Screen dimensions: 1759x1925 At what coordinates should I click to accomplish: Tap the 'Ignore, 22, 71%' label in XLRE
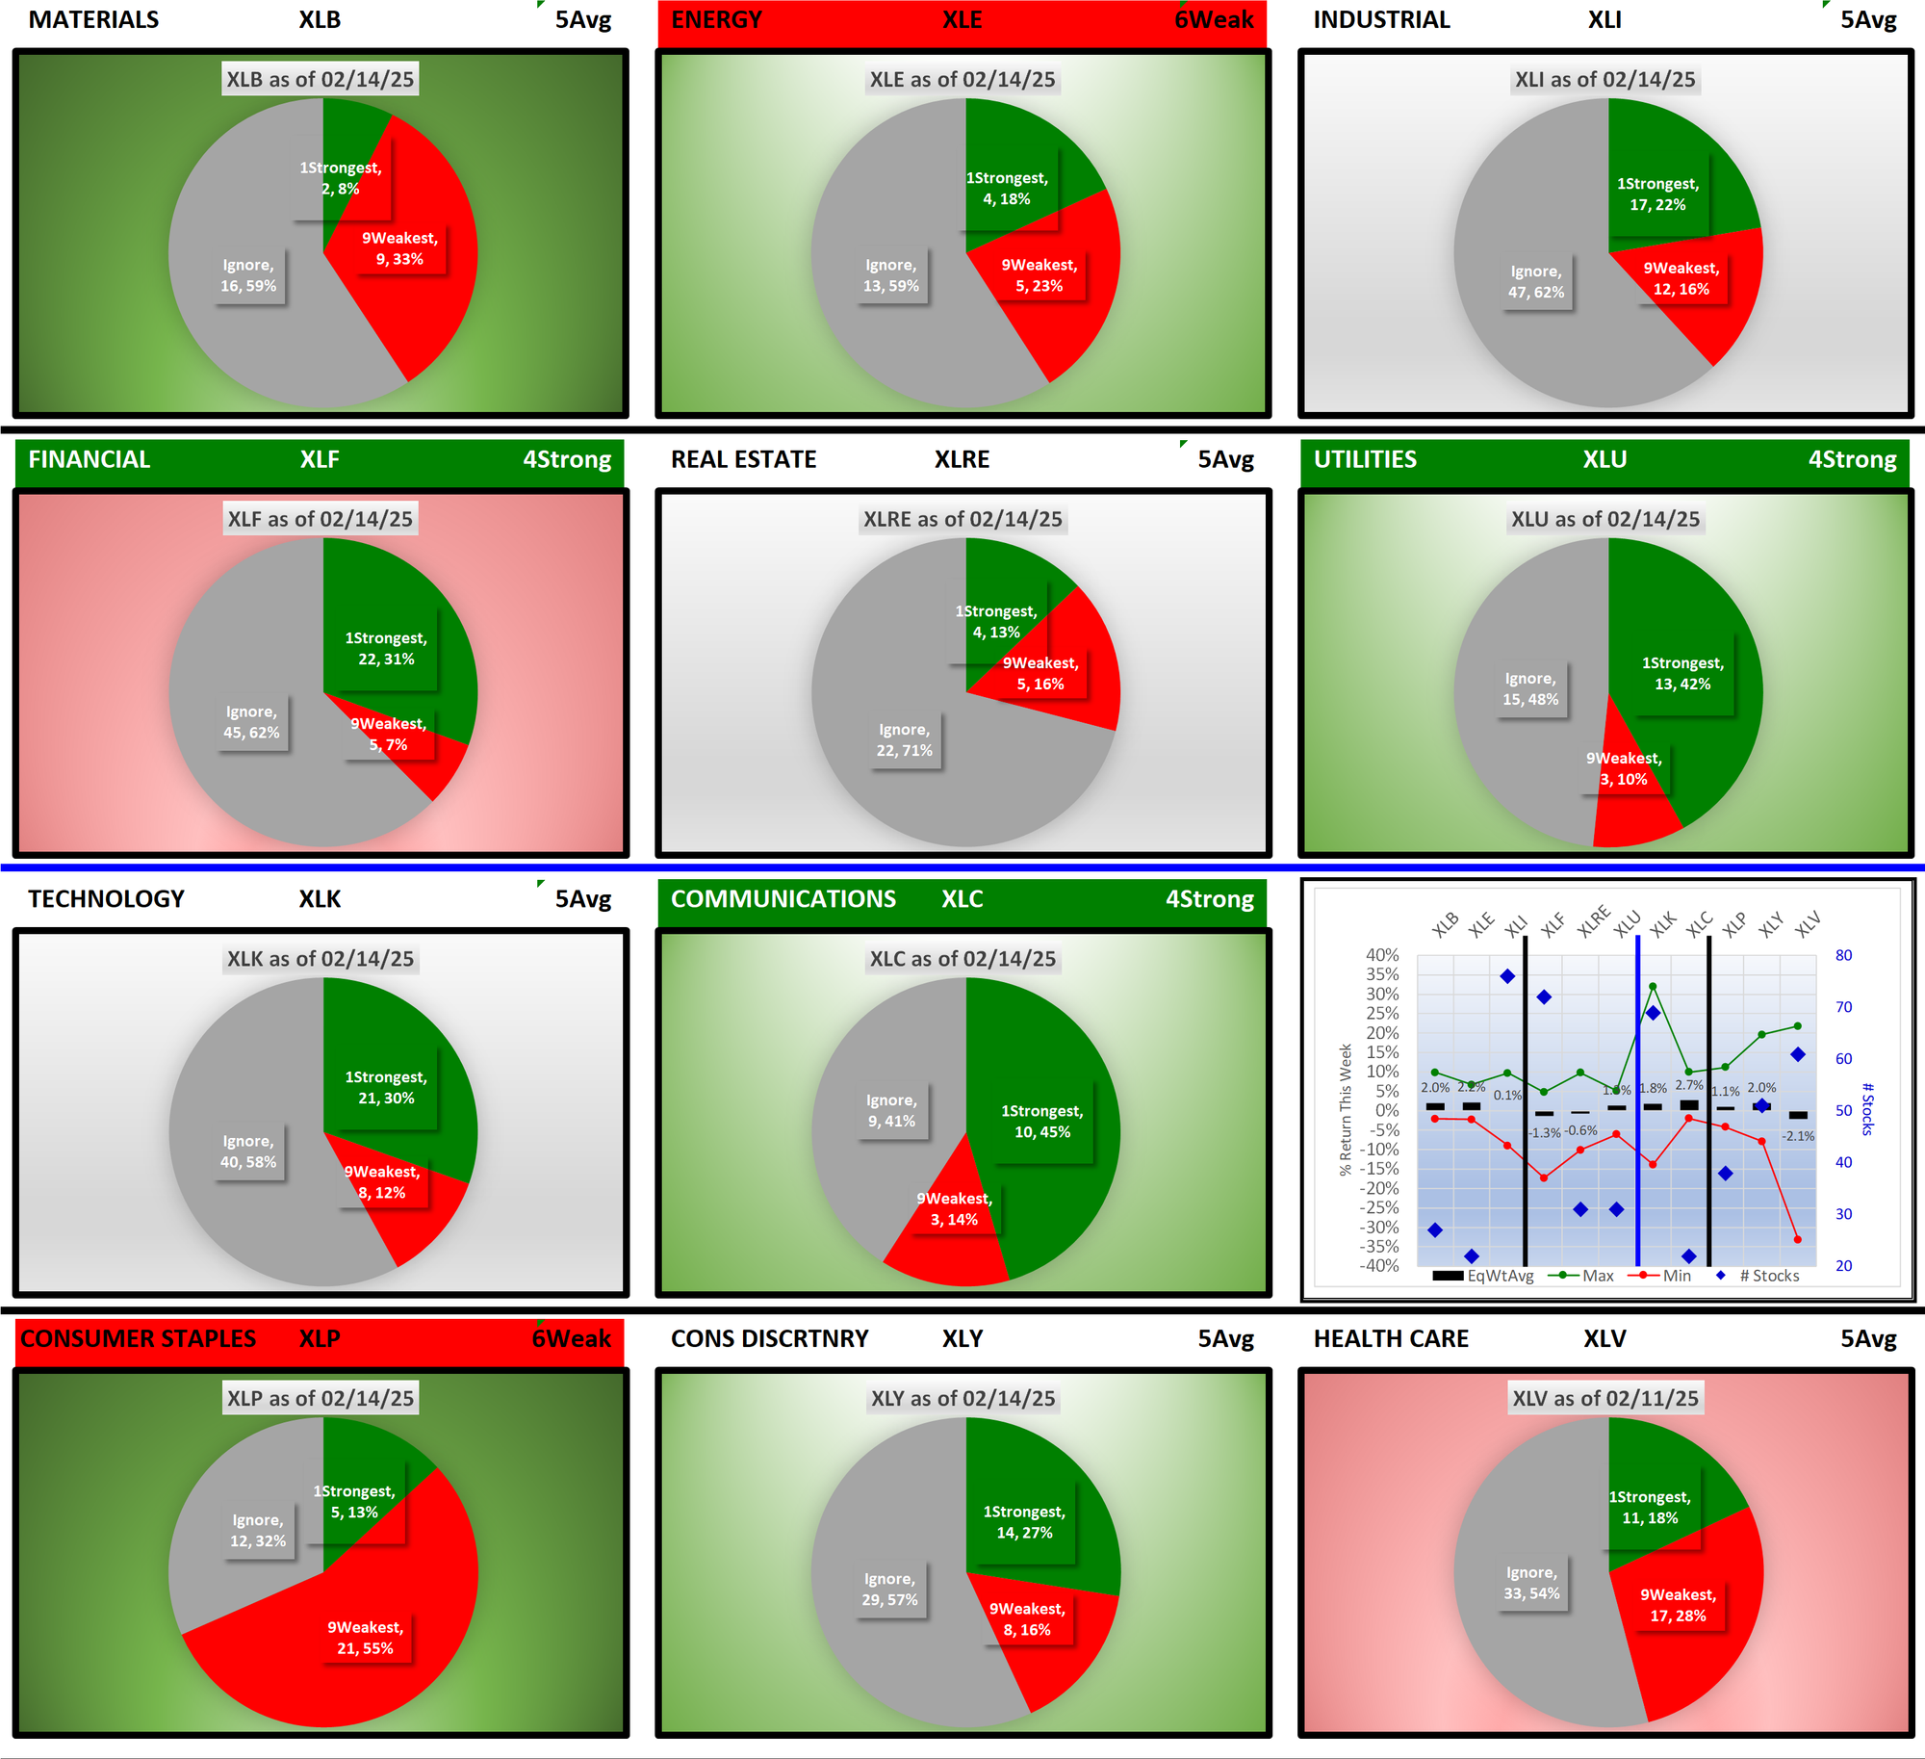click(x=904, y=740)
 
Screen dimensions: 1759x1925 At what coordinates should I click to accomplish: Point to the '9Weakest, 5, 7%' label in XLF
click(x=388, y=735)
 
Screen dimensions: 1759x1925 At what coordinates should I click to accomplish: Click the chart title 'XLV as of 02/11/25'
click(x=1605, y=1399)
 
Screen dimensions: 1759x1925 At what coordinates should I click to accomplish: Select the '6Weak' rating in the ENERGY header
click(x=1213, y=20)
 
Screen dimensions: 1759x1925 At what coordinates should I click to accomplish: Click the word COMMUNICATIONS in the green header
click(x=783, y=899)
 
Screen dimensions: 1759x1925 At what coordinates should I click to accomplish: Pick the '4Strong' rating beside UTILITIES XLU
click(x=1852, y=459)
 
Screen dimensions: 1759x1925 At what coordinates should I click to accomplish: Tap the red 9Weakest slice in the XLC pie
click(x=948, y=1252)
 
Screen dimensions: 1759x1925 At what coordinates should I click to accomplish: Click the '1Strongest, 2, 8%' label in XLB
click(x=341, y=178)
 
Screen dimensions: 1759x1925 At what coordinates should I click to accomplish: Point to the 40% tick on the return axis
click(x=1382, y=955)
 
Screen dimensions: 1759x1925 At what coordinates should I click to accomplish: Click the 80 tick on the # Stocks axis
click(x=1843, y=955)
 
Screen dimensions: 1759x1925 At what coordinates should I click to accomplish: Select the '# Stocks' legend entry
click(x=1768, y=1276)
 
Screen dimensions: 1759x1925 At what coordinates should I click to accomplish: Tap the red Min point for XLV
click(x=1797, y=1240)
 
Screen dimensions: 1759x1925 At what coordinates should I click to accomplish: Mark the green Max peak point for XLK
click(x=1653, y=987)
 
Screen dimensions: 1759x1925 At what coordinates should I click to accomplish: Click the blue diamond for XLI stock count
click(x=1507, y=976)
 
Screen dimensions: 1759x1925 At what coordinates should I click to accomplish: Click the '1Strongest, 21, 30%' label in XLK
click(x=386, y=1088)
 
